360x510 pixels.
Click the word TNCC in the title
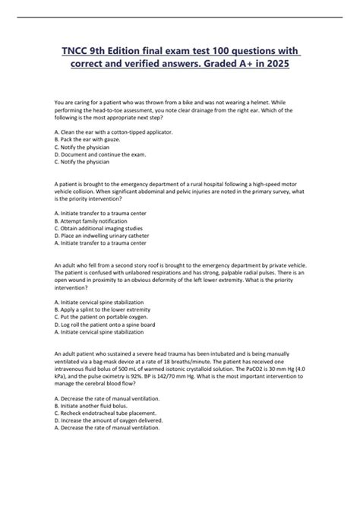[73, 49]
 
